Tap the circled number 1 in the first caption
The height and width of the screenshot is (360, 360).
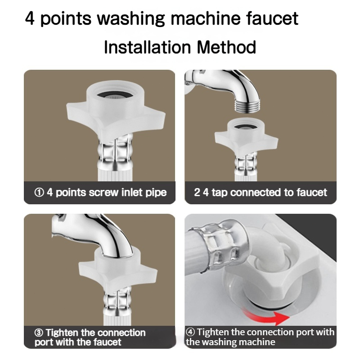[39, 193]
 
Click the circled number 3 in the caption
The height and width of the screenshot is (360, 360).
[39, 333]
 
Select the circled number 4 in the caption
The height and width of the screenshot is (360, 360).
[190, 332]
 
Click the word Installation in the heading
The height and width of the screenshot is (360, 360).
[148, 47]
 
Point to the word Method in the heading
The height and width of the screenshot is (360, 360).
[226, 47]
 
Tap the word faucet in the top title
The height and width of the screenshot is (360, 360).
[272, 18]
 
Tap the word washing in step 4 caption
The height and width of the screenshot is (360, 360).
[217, 342]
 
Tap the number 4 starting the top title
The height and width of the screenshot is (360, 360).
[30, 18]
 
